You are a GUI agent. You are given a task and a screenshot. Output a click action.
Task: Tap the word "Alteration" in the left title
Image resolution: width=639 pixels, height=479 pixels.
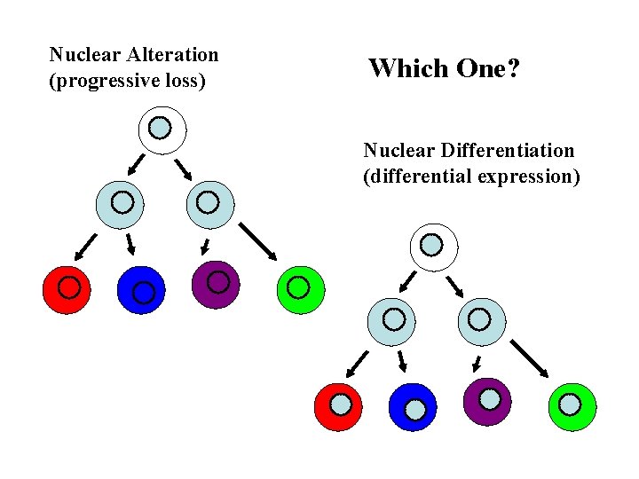pos(172,55)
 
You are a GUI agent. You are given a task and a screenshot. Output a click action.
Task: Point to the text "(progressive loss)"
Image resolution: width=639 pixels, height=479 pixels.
pos(127,82)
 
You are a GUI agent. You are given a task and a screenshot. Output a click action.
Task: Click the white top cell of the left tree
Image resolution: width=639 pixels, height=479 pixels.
pos(162,130)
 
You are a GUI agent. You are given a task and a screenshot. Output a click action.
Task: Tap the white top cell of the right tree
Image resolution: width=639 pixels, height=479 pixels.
pos(433,246)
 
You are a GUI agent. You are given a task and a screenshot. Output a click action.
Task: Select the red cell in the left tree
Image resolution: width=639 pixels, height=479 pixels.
pos(67,288)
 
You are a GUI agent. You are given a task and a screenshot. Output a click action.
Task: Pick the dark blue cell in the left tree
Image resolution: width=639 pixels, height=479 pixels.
pos(142,289)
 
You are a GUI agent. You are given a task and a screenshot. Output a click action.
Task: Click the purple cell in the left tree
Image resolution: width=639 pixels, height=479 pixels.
pos(216,284)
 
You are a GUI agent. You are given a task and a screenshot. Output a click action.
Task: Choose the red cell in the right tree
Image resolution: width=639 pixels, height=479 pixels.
pos(339,406)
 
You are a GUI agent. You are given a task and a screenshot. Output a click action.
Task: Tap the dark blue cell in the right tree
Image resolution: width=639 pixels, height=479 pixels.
pos(414,407)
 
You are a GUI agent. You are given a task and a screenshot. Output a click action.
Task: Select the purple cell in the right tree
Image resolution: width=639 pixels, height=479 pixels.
pos(487,401)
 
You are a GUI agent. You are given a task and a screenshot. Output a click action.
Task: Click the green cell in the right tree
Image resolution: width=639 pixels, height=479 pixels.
pos(572,406)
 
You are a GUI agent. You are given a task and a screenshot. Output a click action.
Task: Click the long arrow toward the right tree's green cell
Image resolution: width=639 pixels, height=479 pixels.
pos(531,358)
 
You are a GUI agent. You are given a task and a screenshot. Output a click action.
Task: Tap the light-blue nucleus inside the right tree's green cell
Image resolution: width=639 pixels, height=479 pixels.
pos(570,404)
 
